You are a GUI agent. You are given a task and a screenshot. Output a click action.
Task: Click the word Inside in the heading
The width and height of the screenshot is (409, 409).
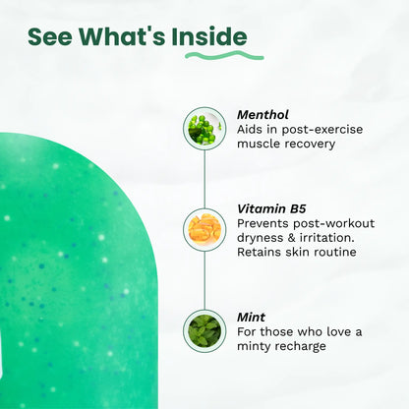click(209, 36)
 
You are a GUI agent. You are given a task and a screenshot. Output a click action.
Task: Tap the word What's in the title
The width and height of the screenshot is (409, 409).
click(122, 36)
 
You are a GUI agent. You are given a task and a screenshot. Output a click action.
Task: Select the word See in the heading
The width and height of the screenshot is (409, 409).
click(50, 36)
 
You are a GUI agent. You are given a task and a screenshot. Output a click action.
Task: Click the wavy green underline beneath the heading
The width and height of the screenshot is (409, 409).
click(224, 55)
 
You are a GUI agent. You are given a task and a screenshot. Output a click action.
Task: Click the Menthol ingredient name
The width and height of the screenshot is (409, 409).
click(263, 115)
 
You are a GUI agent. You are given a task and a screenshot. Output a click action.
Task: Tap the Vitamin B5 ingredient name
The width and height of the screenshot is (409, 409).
click(271, 208)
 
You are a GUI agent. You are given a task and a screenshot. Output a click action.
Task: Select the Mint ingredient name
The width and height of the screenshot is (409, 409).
click(251, 318)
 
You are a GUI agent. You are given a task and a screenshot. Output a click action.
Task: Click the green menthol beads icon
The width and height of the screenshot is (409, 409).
click(204, 129)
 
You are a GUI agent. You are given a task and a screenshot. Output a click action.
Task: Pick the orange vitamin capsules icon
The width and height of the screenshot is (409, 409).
click(204, 230)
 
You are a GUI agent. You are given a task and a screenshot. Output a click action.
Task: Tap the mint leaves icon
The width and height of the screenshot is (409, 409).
click(204, 330)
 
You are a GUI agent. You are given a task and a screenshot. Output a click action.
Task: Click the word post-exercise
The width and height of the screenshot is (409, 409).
click(322, 130)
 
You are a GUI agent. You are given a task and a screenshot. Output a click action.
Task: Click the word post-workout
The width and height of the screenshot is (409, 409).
click(333, 224)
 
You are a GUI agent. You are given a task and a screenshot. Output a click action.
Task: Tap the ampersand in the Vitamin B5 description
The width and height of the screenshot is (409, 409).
click(291, 238)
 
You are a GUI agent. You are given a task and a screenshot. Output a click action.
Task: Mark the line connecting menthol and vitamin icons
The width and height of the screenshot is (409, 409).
click(204, 179)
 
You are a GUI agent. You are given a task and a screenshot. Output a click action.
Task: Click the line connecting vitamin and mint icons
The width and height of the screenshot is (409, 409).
click(204, 280)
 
